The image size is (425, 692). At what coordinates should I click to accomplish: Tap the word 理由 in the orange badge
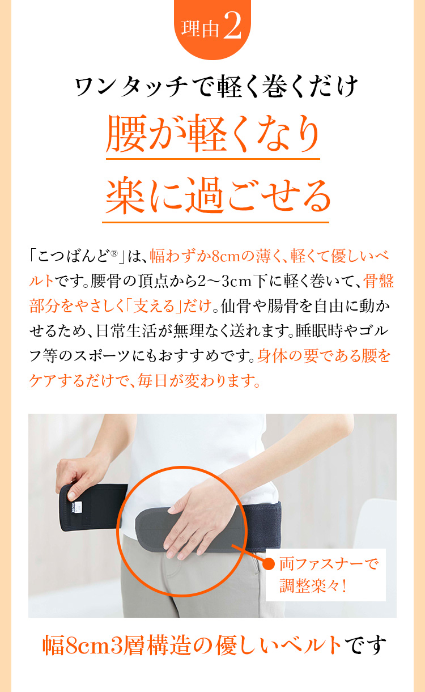coord(200,29)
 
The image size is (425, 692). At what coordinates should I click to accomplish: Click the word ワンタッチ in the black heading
coord(131,87)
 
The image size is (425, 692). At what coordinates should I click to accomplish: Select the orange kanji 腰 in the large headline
coord(126,133)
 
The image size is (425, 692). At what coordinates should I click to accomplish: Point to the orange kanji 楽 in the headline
coord(125,196)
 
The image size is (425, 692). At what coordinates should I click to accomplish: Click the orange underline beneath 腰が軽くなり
coord(213,159)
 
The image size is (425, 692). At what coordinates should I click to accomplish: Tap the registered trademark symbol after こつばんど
coord(114,253)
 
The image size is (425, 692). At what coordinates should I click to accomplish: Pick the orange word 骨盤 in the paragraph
coord(379,281)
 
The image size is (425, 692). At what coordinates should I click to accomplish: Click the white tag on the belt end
coord(79,507)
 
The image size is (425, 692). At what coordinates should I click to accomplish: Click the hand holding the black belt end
coord(82,476)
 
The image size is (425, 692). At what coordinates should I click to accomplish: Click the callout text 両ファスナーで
coord(328,564)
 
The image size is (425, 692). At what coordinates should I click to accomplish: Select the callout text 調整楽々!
coord(313,585)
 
